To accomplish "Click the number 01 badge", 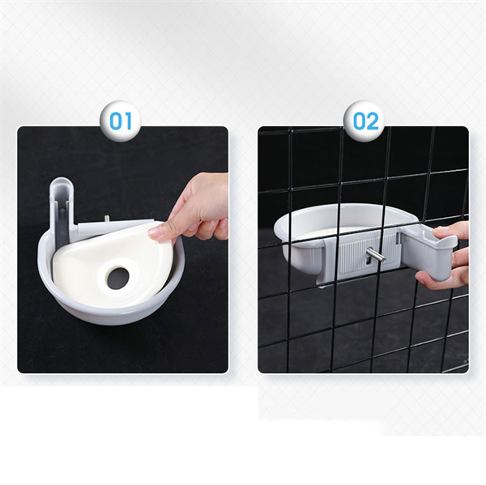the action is point(120,121).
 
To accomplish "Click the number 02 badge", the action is point(366,121).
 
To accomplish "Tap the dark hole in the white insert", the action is point(118,279).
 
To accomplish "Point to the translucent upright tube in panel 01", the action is point(62,211).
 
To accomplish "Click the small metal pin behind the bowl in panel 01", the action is point(107,218).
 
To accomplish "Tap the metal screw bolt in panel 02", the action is point(375,255).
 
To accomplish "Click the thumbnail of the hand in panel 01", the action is point(157,231).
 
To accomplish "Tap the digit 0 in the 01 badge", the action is point(116,121).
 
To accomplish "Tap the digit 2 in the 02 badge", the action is point(373,121).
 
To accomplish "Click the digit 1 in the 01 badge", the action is point(128,121).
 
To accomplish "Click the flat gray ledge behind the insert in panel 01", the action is point(115,226).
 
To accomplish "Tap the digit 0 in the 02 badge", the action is point(359,121).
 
